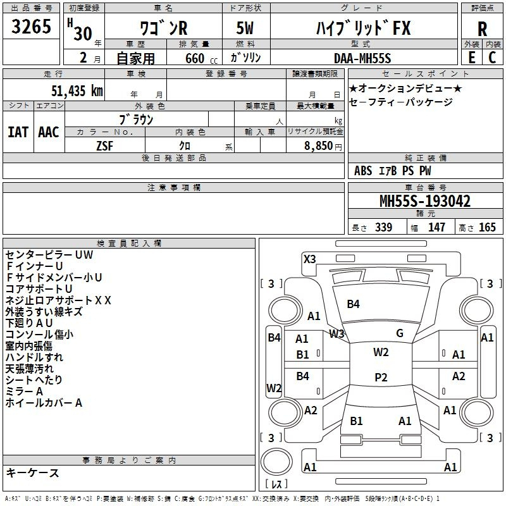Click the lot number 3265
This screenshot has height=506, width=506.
(31, 27)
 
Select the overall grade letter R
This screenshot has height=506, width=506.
(482, 28)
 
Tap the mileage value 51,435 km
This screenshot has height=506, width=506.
(77, 90)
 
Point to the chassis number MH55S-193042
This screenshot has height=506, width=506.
(425, 201)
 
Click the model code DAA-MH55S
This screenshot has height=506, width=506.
(362, 58)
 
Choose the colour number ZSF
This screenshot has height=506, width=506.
(105, 146)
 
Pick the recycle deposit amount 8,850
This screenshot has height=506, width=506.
(319, 146)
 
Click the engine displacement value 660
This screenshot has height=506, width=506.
(195, 58)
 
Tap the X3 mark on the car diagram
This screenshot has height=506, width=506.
(309, 259)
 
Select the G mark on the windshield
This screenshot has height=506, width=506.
(400, 333)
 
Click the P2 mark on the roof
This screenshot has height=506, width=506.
(381, 377)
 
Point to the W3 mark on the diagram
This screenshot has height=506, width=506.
(336, 334)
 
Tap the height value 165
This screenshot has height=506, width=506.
(487, 227)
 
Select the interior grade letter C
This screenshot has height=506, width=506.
(492, 58)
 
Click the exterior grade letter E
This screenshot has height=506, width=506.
(472, 58)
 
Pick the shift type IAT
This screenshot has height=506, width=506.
(18, 132)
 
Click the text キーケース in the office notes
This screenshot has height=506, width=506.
(32, 472)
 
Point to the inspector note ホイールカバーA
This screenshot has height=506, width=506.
(44, 403)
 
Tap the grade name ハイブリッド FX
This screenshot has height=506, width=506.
(363, 28)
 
